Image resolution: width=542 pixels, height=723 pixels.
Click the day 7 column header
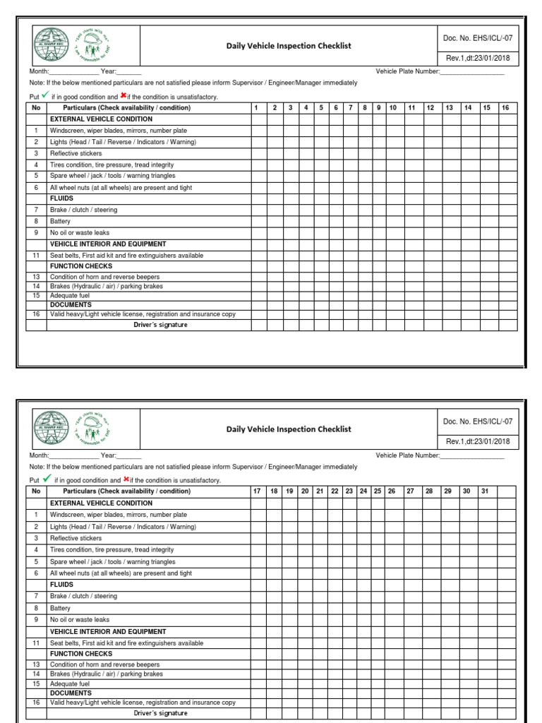[x=350, y=108]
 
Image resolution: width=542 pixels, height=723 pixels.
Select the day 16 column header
[x=505, y=108]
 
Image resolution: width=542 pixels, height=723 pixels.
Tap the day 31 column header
[x=485, y=491]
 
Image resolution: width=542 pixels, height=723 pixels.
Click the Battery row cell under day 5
[x=320, y=221]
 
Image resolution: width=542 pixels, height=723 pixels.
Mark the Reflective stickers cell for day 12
[x=429, y=153]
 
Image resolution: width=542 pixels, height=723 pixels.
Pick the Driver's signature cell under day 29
[x=447, y=713]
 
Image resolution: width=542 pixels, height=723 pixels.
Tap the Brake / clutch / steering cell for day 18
[x=273, y=597]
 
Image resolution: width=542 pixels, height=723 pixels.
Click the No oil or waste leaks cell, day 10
[x=393, y=232]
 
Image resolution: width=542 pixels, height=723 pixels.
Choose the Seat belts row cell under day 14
[x=467, y=255]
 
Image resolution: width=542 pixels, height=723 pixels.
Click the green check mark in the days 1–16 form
[x=46, y=95]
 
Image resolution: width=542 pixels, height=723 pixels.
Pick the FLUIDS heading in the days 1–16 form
[x=61, y=198]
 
